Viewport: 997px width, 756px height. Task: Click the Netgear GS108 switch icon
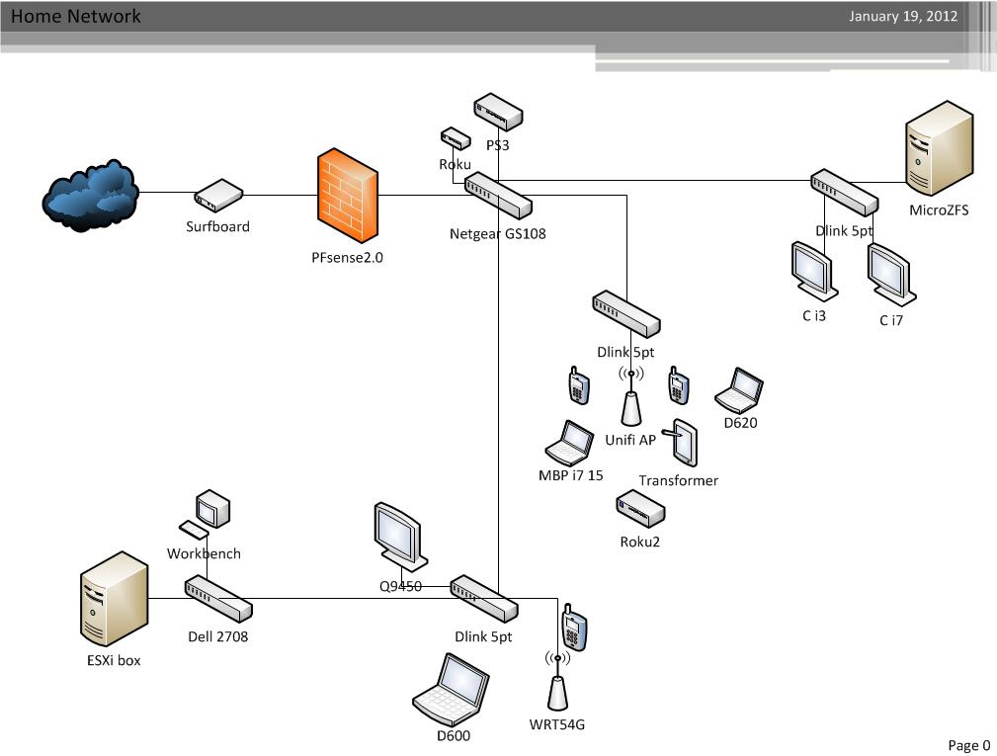point(499,195)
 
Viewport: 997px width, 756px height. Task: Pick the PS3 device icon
point(497,113)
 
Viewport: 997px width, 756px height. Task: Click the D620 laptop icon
point(739,391)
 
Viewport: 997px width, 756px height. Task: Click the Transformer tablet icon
point(682,444)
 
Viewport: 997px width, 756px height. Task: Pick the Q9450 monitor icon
point(400,537)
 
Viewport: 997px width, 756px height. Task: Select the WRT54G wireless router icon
point(557,682)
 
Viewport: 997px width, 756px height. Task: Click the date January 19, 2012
point(902,16)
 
